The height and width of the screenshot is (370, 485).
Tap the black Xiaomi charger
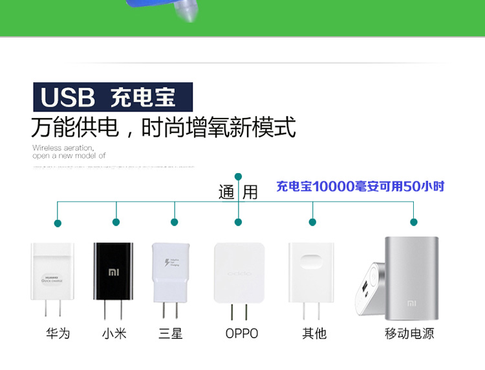tap(113, 272)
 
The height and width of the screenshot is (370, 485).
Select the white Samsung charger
tap(171, 273)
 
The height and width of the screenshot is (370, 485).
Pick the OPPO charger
tap(239, 272)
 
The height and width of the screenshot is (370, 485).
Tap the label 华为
tap(58, 334)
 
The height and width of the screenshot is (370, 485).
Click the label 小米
tap(114, 334)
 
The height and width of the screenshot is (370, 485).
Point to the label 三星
tap(171, 334)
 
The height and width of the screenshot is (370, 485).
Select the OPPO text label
tap(242, 334)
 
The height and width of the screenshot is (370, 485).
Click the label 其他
tap(314, 334)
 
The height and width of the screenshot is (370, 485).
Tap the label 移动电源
tap(409, 334)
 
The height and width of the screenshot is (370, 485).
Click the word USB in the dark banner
tap(68, 98)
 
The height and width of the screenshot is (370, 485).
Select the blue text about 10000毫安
tap(360, 187)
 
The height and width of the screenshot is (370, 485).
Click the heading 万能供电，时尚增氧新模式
tap(164, 127)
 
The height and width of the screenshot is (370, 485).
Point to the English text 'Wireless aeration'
tap(63, 148)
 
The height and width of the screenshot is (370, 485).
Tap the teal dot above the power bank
tap(414, 222)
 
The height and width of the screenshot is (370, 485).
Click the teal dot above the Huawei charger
tap(58, 223)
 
